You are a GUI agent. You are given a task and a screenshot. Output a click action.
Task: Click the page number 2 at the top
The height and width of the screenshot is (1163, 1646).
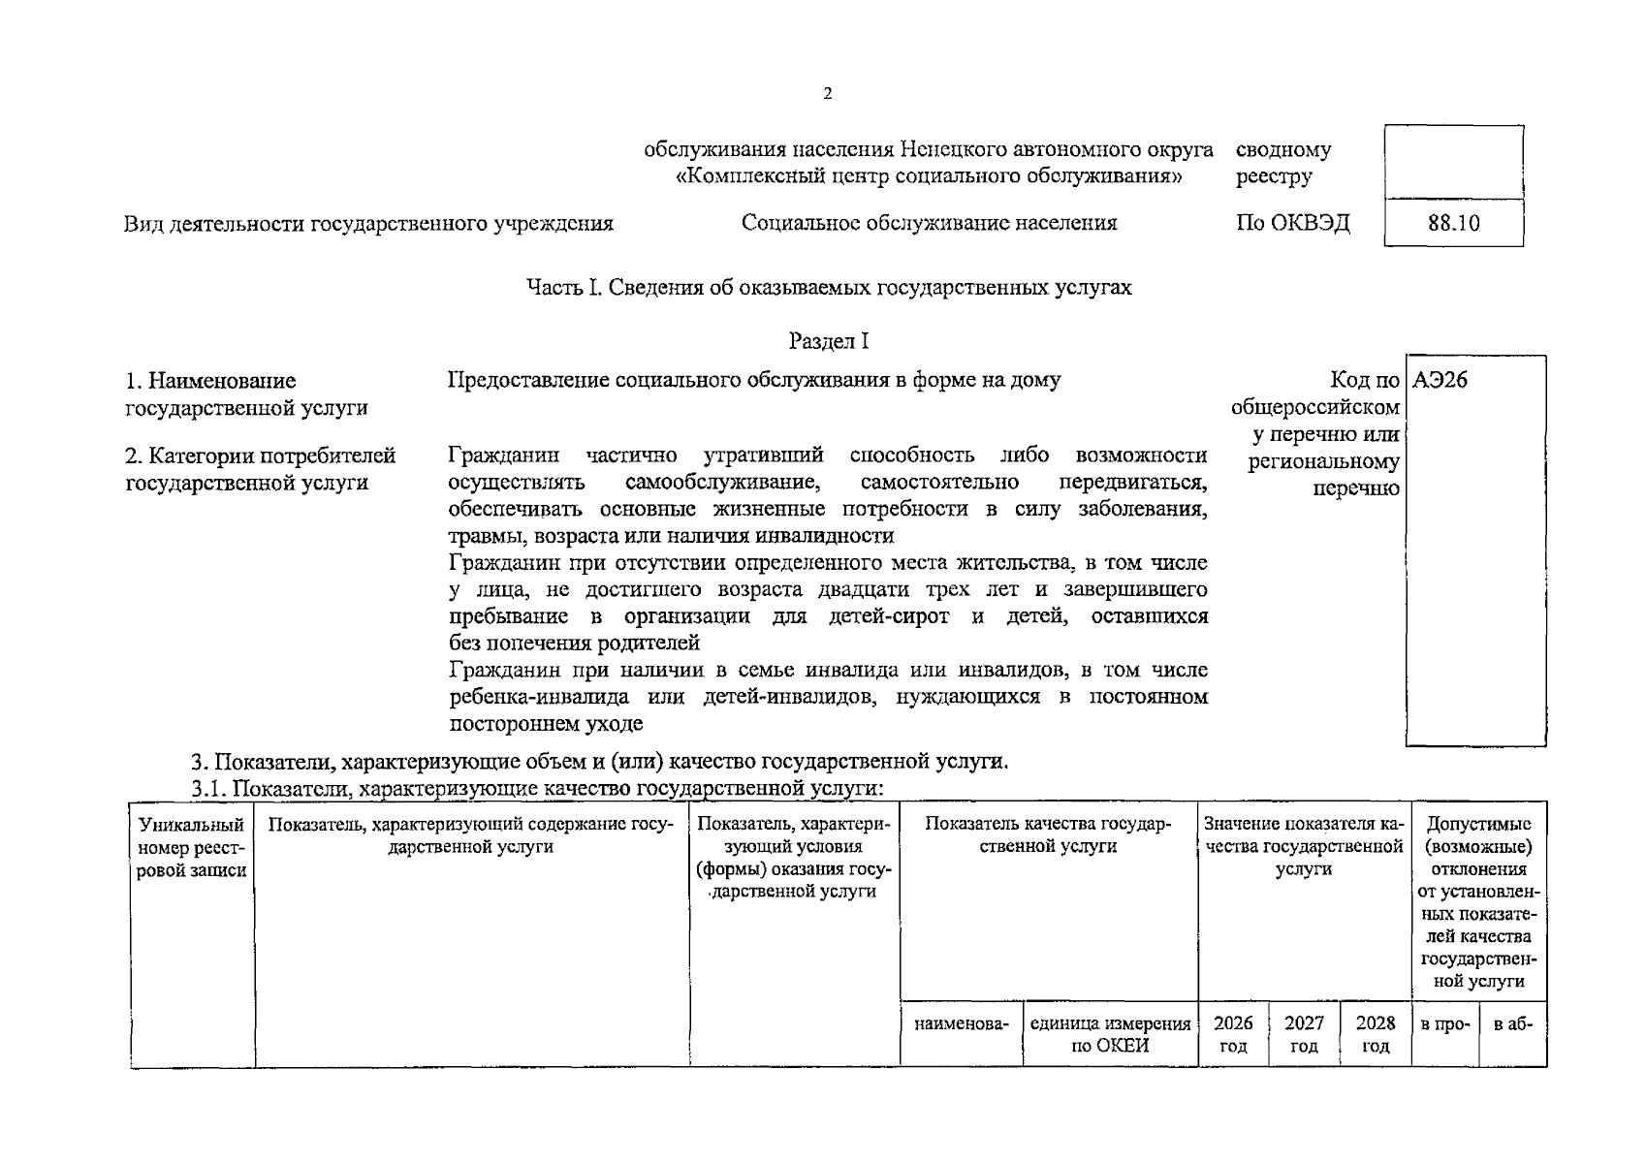827,94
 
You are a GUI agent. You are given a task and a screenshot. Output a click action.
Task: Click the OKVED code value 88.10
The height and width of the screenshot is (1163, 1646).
1453,223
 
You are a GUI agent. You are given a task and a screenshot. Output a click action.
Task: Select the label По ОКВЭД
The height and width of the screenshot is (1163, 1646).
1292,223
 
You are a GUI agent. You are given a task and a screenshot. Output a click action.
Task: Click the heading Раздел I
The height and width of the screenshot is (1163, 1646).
829,341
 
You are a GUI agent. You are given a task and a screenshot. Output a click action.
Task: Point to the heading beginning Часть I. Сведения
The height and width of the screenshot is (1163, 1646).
829,288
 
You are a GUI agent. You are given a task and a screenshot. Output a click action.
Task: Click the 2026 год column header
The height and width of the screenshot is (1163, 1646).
1233,1034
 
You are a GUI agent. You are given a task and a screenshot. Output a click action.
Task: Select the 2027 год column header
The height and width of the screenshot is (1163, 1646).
1304,1034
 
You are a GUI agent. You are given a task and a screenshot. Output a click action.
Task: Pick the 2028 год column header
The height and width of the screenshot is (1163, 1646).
1376,1034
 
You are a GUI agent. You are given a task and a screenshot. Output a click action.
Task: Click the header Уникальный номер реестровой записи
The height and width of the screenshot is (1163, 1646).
192,847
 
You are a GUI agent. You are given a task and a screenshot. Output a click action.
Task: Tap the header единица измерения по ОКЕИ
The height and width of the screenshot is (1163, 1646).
1110,1034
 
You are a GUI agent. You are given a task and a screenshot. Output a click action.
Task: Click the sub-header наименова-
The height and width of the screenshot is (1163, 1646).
961,1023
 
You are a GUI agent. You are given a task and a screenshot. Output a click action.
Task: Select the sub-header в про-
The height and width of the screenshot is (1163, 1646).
1445,1023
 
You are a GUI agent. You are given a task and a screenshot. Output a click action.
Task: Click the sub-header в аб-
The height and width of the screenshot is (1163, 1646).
1512,1023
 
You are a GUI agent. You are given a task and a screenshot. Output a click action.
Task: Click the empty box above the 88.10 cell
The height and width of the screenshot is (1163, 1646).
1453,162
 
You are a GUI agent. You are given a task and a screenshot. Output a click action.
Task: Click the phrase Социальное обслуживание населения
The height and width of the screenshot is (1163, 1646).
929,223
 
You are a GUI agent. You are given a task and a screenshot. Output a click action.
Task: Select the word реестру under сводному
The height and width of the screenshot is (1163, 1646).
1274,176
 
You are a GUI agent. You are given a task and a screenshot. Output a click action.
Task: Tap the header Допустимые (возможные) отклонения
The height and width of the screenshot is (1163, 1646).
1478,846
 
